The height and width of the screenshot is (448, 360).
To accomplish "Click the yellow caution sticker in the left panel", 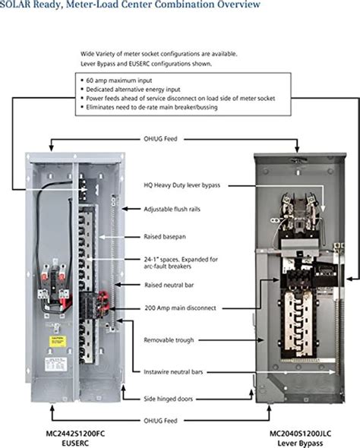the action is tap(58, 342).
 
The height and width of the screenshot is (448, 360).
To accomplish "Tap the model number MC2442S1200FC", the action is tap(75, 434).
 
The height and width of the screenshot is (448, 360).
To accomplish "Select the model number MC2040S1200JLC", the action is tap(300, 434).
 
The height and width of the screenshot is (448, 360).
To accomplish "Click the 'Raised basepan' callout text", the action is tap(165, 237).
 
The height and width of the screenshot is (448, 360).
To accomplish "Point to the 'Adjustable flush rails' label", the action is tap(172, 209).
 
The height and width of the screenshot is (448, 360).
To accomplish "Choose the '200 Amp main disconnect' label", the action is tap(180, 308).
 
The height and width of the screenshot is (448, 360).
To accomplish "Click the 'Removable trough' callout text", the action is tap(169, 340).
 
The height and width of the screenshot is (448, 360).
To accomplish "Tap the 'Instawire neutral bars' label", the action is tap(173, 372).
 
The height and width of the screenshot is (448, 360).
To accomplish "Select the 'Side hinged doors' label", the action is tap(169, 399).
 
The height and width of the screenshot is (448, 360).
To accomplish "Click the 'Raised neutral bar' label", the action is tap(169, 285).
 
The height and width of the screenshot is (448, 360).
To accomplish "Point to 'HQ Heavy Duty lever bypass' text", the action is tap(182, 185).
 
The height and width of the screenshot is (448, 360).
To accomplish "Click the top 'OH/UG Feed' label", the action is tap(160, 139).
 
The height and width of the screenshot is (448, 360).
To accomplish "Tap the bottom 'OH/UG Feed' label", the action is tap(160, 421).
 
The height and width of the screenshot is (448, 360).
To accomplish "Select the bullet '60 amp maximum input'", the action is tap(118, 80).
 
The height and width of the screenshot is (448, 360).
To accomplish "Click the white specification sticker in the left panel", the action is tap(55, 364).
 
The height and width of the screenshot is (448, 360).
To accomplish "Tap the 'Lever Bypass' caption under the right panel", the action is tap(300, 443).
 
